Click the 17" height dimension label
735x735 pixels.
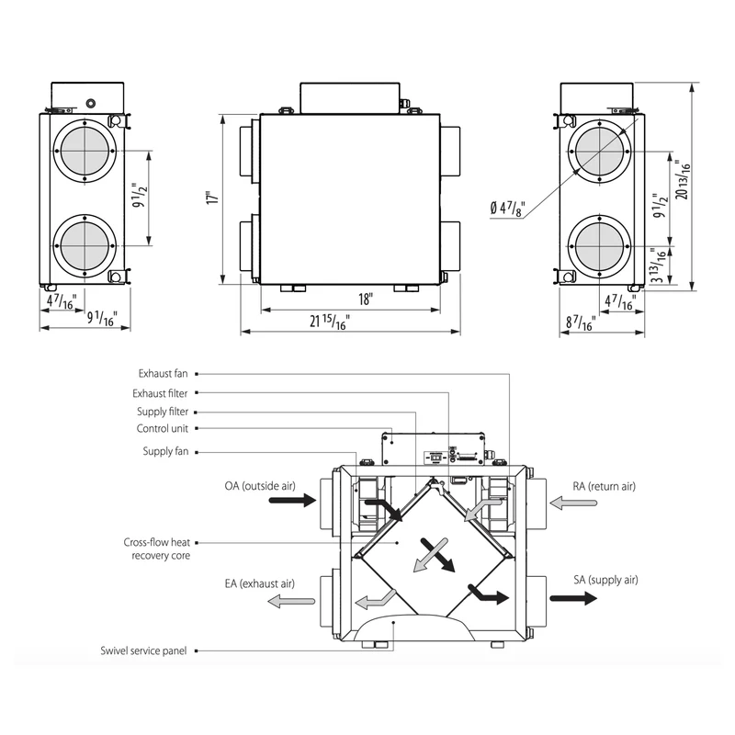point(213,197)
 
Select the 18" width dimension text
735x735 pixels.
point(366,300)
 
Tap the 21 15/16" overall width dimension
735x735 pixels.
point(330,322)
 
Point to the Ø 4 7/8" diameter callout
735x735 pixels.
point(508,208)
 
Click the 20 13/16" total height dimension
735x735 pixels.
point(684,180)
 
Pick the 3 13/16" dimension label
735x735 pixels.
point(660,266)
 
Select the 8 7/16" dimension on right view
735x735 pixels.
point(581,322)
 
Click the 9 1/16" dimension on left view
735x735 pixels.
point(102,318)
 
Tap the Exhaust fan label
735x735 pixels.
point(163,374)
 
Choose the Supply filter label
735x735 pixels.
point(163,412)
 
